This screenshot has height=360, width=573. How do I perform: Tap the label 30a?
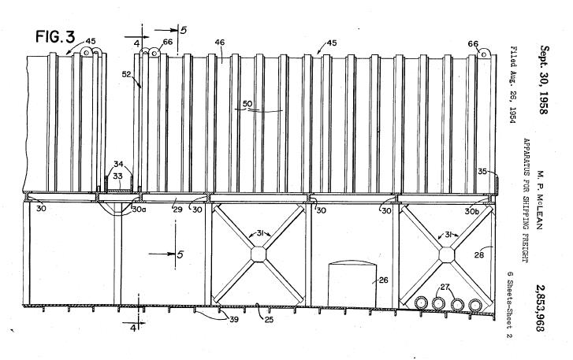[x=140, y=210]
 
